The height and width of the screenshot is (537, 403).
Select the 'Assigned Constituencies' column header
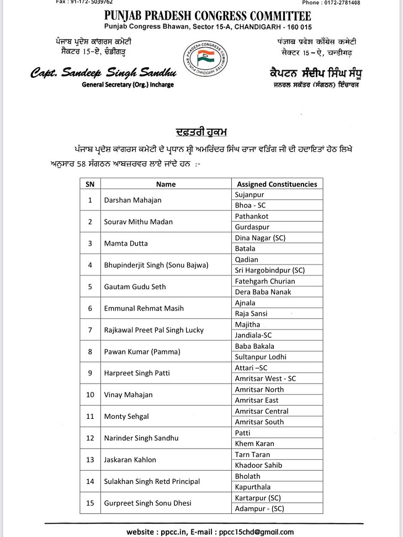pyautogui.click(x=277, y=184)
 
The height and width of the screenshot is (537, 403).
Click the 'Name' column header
pyautogui.click(x=166, y=184)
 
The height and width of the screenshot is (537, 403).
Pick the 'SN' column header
pyautogui.click(x=89, y=184)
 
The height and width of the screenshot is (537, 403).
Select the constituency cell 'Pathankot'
pyautogui.click(x=252, y=216)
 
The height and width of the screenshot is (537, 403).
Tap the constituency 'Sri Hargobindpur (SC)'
pyautogui.click(x=269, y=270)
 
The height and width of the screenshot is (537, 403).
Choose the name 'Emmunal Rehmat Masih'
pyautogui.click(x=144, y=309)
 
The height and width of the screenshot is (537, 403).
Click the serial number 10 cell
pyautogui.click(x=89, y=395)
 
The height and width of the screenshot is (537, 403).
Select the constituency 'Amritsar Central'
pyautogui.click(x=261, y=411)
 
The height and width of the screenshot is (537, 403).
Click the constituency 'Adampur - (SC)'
pyautogui.click(x=259, y=508)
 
